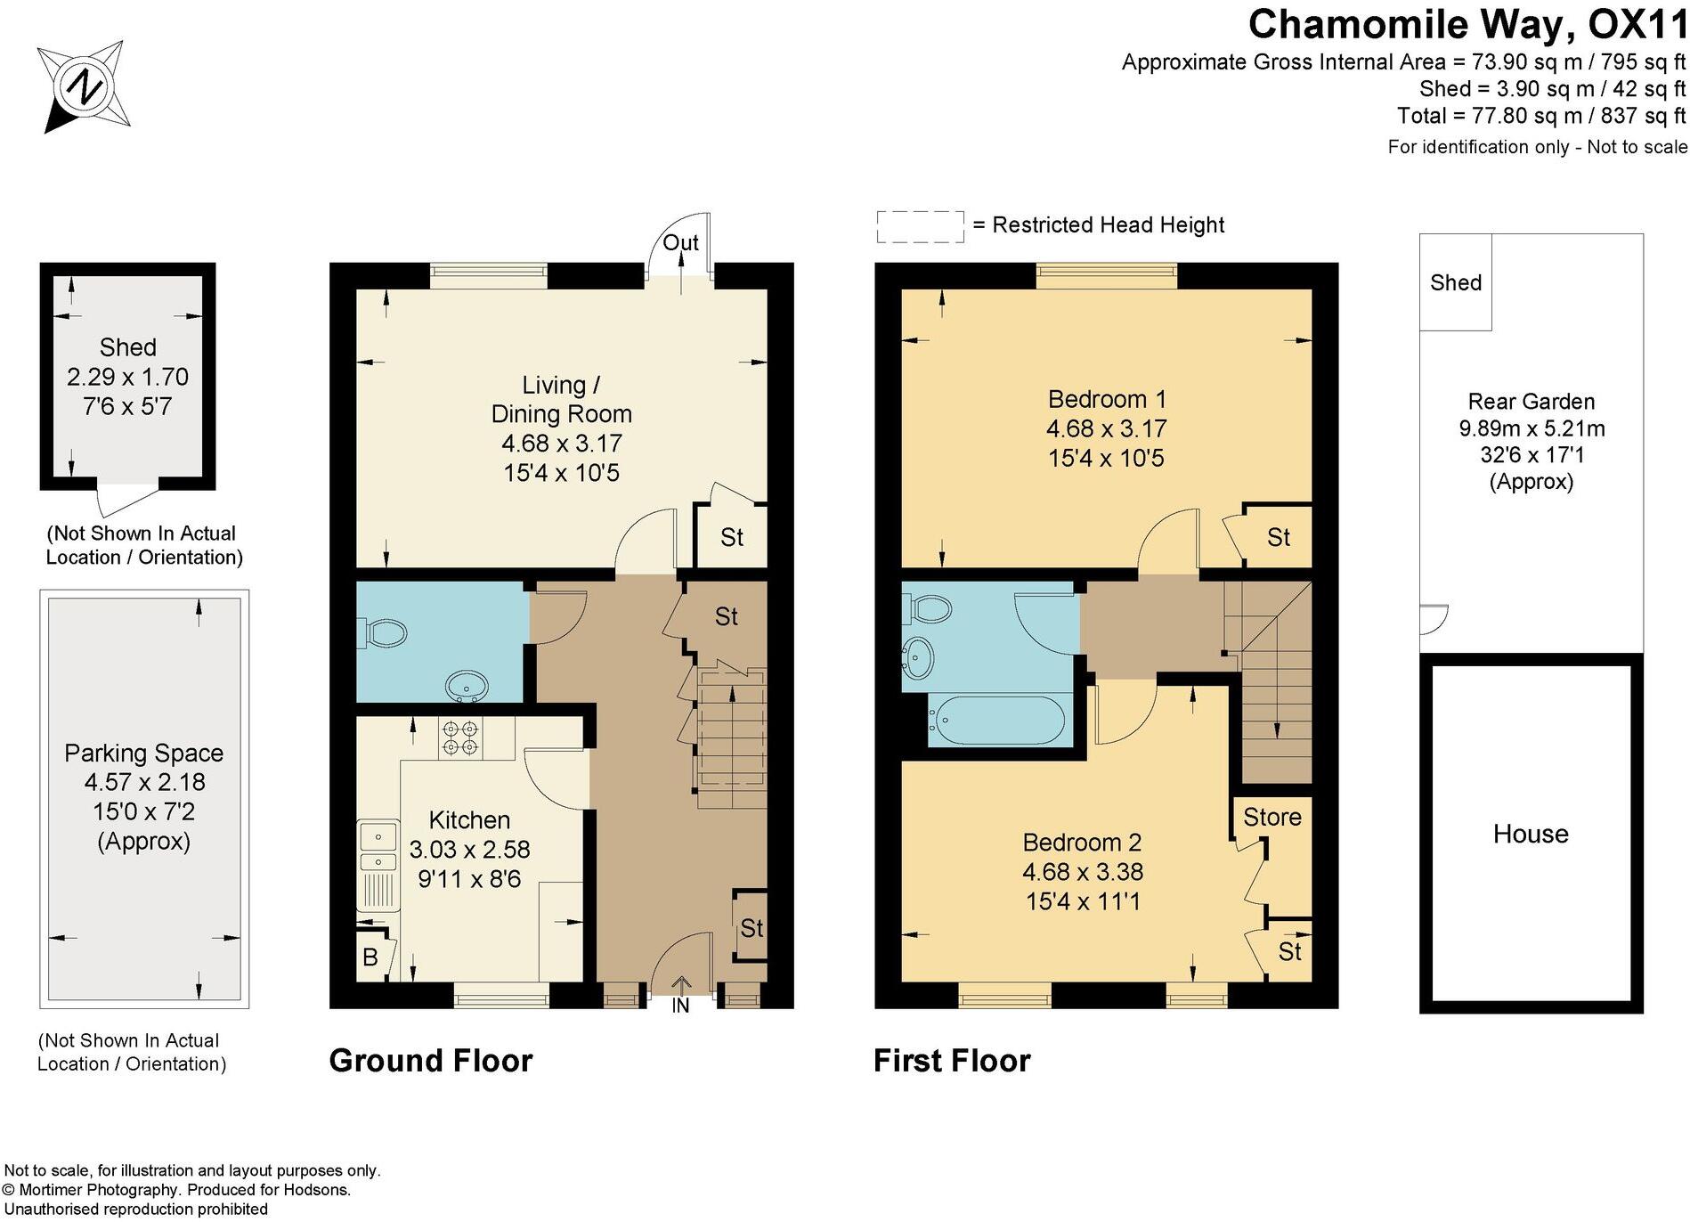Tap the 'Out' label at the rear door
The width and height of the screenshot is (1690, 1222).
click(x=680, y=242)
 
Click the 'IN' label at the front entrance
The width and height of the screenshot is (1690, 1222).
click(x=680, y=1006)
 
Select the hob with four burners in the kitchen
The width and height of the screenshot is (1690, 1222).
click(x=459, y=738)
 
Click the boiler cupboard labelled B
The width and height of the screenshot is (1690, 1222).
click(x=370, y=957)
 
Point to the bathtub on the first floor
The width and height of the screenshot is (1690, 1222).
click(x=996, y=720)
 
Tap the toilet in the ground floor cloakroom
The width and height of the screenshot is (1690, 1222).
click(x=384, y=633)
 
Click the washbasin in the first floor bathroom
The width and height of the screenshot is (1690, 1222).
click(x=918, y=658)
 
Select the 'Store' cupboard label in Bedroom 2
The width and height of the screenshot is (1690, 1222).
click(x=1272, y=817)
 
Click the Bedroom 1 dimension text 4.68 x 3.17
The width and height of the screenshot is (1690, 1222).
click(x=1106, y=428)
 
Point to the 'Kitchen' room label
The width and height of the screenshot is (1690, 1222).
click(x=469, y=819)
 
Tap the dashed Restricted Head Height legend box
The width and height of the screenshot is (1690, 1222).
click(x=920, y=226)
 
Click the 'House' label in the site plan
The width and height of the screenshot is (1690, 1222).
click(x=1531, y=834)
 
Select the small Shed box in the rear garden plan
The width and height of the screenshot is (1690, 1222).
click(x=1456, y=282)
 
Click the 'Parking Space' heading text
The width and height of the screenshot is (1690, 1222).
click(x=143, y=753)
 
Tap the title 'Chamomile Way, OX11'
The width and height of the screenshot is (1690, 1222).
click(x=1467, y=24)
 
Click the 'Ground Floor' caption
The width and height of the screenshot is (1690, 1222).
click(x=431, y=1061)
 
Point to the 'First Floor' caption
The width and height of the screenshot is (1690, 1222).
click(x=952, y=1061)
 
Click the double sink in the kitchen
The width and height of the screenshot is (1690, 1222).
click(x=378, y=848)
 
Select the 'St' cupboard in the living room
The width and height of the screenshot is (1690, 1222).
click(x=732, y=537)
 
